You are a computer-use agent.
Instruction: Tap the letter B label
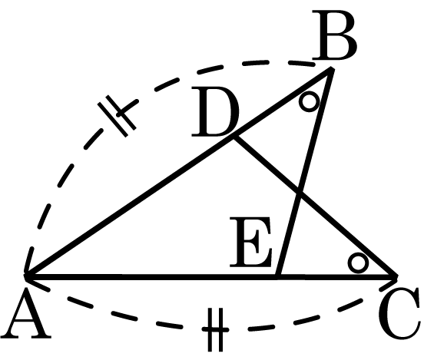point(334,35)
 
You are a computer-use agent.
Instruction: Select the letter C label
point(399,314)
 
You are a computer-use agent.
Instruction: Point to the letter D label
point(216,111)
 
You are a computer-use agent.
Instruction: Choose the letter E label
point(250,241)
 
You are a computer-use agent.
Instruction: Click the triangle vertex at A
point(26,276)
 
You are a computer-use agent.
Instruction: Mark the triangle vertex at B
point(331,70)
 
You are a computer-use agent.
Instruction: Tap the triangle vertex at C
point(396,276)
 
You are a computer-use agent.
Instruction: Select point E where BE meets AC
point(279,276)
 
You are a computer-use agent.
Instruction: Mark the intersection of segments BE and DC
point(300,193)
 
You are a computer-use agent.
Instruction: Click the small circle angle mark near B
point(310,101)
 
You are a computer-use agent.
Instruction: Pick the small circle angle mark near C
point(358,263)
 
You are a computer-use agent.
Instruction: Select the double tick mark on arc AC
point(216,329)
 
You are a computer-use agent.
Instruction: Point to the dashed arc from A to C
point(216,329)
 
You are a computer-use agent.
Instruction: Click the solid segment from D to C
point(316,207)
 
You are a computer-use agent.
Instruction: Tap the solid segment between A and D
point(131,207)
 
